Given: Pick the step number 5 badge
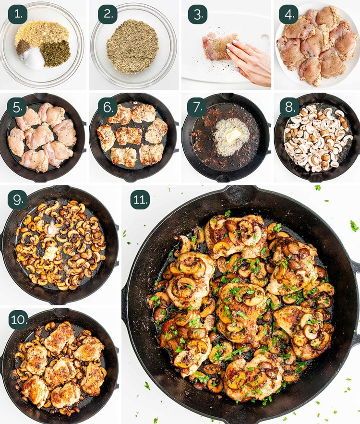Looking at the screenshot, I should [x=17, y=107].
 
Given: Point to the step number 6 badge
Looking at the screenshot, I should [x=108, y=107].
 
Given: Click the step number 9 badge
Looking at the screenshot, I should [x=17, y=199].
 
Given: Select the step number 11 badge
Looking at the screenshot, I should [x=140, y=199].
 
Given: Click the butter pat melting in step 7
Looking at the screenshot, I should [x=233, y=135].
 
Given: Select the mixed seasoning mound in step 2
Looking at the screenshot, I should [x=133, y=46].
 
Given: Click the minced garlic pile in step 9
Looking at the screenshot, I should [x=50, y=253].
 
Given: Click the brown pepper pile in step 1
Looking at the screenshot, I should [x=23, y=47].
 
